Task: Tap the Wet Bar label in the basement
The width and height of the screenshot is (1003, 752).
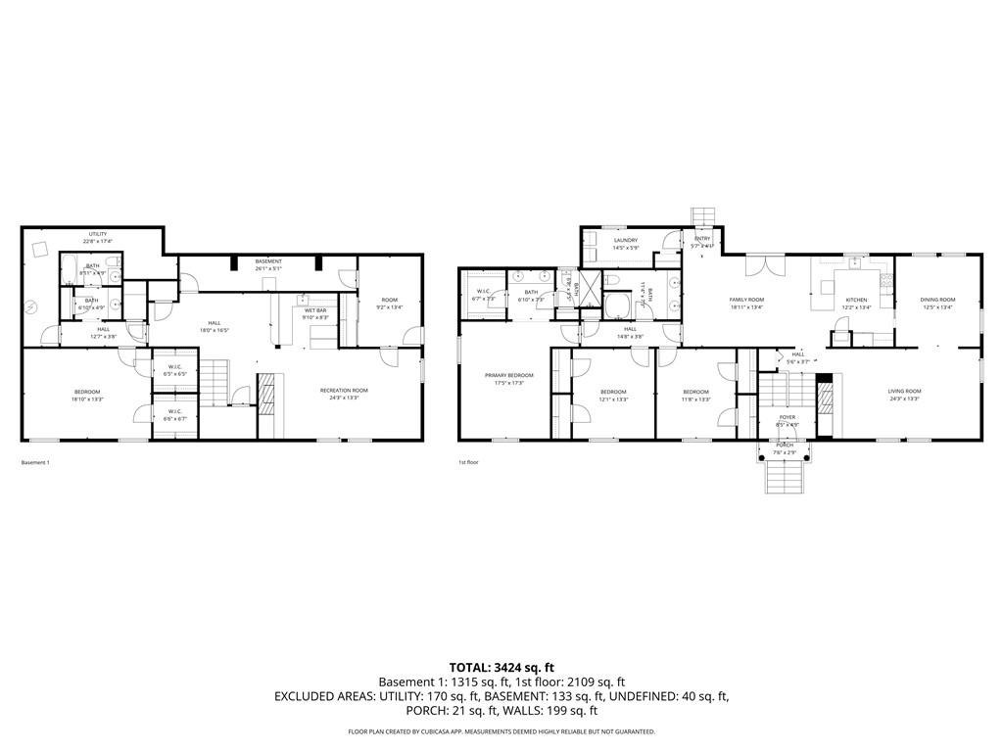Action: (315, 313)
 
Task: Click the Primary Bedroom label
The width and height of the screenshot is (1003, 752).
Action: (509, 379)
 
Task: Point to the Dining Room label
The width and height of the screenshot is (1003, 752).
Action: (937, 304)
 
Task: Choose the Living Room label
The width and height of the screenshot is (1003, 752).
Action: (904, 395)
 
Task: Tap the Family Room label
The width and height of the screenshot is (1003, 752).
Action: (746, 304)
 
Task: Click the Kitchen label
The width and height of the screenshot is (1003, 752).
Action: (856, 304)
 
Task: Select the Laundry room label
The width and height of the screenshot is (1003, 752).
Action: (625, 244)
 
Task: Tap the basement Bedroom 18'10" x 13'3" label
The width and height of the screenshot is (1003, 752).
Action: (87, 395)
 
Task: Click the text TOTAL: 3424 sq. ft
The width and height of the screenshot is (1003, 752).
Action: (501, 667)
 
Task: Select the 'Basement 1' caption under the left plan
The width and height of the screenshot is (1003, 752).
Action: (35, 462)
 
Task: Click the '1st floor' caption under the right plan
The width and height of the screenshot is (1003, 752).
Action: (468, 462)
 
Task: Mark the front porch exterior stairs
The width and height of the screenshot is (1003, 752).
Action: (785, 477)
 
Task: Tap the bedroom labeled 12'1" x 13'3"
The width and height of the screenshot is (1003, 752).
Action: (613, 395)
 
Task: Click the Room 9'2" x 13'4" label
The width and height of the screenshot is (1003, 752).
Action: (390, 304)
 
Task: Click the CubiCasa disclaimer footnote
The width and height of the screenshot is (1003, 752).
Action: (501, 731)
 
